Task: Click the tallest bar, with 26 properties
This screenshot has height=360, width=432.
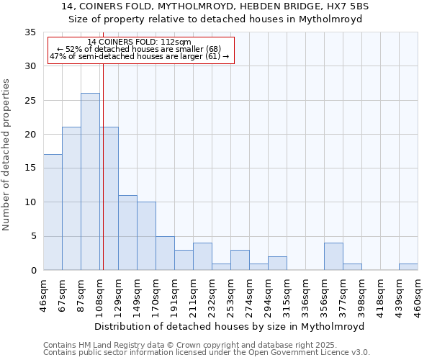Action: [x=90, y=181]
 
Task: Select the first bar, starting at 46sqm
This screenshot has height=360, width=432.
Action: [x=53, y=212]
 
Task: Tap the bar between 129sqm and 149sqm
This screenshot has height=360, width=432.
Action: [x=127, y=233]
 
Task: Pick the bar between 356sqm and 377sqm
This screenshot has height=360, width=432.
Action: [x=333, y=256]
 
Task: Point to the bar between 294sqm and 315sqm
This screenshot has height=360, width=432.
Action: [x=277, y=263]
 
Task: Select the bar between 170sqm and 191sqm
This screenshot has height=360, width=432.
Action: [x=165, y=253]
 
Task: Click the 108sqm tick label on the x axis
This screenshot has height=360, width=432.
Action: [x=99, y=292]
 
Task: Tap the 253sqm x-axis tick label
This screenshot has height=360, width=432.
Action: [x=230, y=292]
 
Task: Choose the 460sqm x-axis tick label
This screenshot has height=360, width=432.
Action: [x=418, y=292]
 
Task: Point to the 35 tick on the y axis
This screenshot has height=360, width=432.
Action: [x=30, y=32]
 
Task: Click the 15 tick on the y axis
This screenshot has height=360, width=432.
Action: [x=30, y=168]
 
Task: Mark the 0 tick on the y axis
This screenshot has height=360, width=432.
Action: [x=33, y=270]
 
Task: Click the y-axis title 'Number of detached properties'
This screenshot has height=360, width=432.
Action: [x=7, y=155]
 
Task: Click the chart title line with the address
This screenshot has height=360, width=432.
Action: [x=215, y=6]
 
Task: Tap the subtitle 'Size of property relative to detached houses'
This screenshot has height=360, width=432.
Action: [x=215, y=19]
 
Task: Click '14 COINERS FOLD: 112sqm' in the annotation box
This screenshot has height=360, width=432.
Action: [x=139, y=42]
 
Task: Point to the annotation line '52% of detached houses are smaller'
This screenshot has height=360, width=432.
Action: [x=139, y=49]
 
